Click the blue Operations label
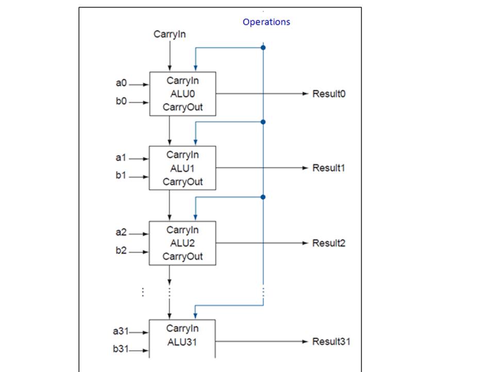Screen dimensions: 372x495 click(266, 22)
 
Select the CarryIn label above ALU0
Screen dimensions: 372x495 click(170, 35)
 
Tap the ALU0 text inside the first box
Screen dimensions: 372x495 click(183, 94)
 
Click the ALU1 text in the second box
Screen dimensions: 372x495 click(183, 168)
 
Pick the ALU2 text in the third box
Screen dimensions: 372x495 click(183, 243)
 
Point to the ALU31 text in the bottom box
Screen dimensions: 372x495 click(183, 342)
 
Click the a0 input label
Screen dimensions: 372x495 click(121, 82)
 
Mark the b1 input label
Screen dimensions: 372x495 click(121, 176)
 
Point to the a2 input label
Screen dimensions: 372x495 click(121, 233)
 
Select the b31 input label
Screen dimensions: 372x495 click(120, 350)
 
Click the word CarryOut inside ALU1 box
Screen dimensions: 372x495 click(183, 182)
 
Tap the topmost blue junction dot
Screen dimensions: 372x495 click(263, 48)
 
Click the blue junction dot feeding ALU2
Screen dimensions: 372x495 click(263, 197)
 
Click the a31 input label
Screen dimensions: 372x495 click(120, 331)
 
